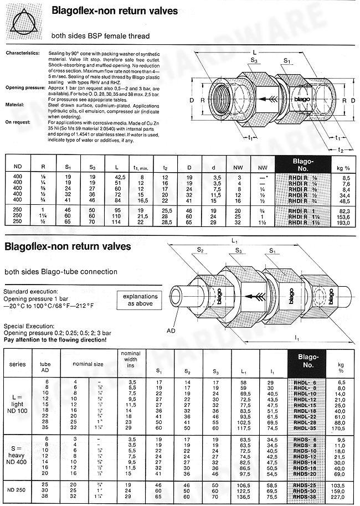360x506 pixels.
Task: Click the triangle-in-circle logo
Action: coord(24,22)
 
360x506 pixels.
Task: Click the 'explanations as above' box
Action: coord(140,300)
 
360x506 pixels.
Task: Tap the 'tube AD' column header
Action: coord(48,366)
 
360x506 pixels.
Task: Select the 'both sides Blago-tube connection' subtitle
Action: coord(61,272)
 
